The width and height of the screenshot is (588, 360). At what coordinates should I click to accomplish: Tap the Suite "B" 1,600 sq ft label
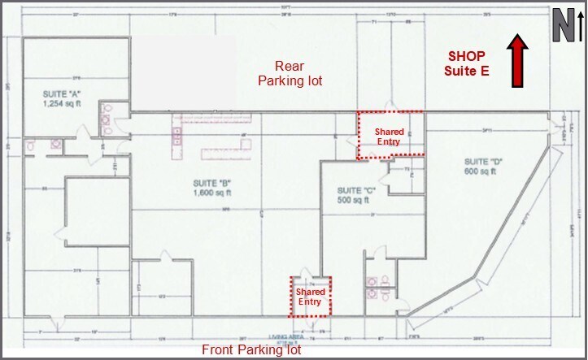pyautogui.click(x=212, y=188)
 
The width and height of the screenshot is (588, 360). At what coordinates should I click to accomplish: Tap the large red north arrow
pyautogui.click(x=516, y=60)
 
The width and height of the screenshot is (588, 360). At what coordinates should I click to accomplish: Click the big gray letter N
pyautogui.click(x=560, y=26)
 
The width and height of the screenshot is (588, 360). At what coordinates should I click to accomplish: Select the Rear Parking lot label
pyautogui.click(x=290, y=73)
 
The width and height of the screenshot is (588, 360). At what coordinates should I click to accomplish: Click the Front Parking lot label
pyautogui.click(x=251, y=350)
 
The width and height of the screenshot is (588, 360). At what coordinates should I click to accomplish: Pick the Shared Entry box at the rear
pyautogui.click(x=388, y=134)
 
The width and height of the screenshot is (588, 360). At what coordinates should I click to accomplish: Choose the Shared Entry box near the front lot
pyautogui.click(x=310, y=296)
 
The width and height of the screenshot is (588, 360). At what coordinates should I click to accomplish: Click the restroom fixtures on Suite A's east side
pyautogui.click(x=108, y=118)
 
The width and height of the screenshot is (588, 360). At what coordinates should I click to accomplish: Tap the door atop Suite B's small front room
pyautogui.click(x=167, y=256)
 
